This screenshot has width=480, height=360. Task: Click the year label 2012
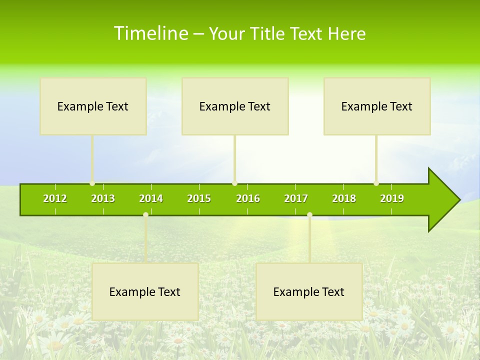[x=55, y=198]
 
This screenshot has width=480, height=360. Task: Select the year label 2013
[x=103, y=198]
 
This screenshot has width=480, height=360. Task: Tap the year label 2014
[x=151, y=198]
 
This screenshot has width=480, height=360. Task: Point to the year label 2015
[x=199, y=198]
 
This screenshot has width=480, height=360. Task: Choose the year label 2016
[x=248, y=198]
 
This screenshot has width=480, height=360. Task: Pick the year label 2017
[x=296, y=198]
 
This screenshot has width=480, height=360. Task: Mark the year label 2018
[x=344, y=198]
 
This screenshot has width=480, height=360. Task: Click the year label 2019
[x=392, y=198]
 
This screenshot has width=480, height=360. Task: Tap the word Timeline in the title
[x=150, y=33]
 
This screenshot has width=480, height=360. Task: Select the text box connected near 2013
[x=93, y=106]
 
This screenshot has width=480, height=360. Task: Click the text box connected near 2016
[x=235, y=106]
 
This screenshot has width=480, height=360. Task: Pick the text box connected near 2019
[x=377, y=106]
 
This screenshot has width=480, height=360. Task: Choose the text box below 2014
[x=145, y=292]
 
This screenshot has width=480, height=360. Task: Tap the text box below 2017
[x=309, y=292]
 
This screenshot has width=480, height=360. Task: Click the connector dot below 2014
[x=145, y=215]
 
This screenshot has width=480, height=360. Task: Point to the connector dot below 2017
[x=309, y=215]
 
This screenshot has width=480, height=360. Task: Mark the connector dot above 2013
[x=92, y=183]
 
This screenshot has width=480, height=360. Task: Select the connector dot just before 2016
[x=234, y=183]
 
